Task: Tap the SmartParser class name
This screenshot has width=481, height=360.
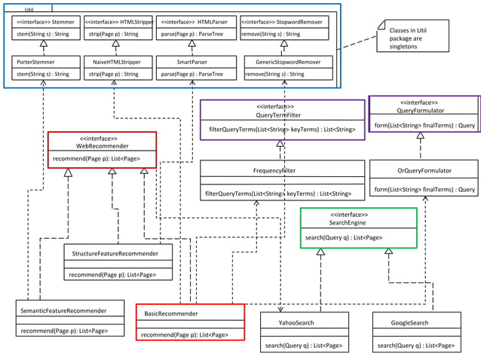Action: click(192, 63)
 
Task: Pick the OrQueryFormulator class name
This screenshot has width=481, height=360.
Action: click(424, 171)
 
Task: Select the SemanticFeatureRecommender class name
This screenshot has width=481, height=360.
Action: click(63, 310)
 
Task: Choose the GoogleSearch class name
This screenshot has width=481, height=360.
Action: click(410, 322)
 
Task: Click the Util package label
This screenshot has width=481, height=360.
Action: click(29, 9)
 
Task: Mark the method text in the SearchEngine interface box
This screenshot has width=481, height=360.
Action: click(343, 238)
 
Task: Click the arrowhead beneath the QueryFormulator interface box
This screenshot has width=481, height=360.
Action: click(421, 136)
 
